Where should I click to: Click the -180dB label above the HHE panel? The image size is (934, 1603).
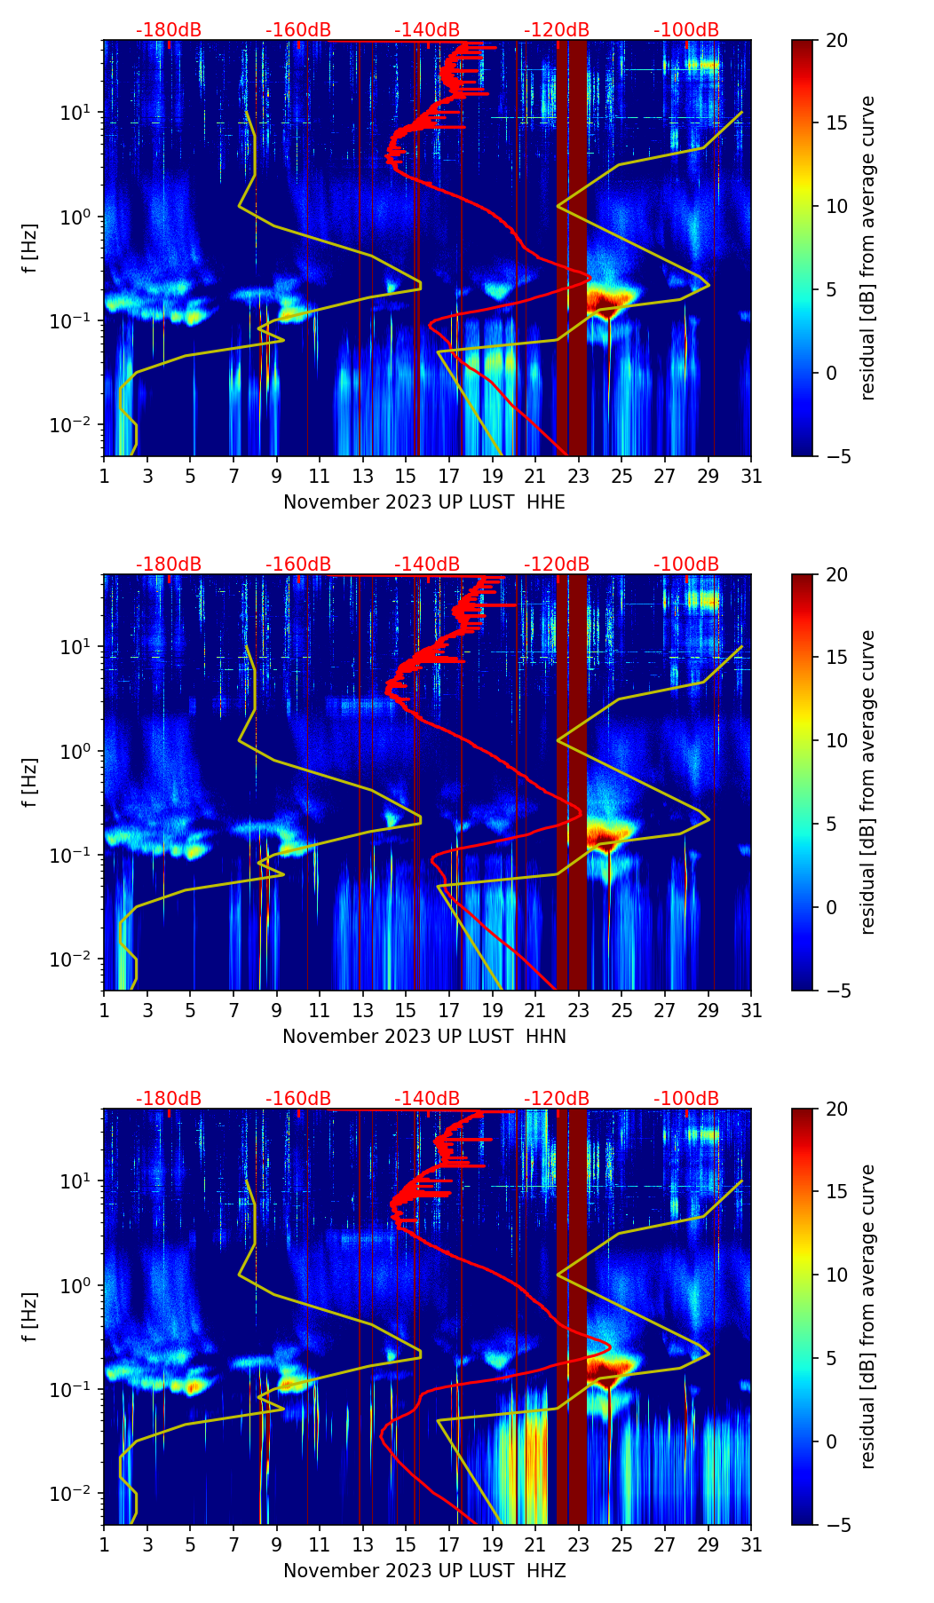tap(169, 30)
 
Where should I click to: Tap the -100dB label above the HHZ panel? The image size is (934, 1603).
tap(686, 1099)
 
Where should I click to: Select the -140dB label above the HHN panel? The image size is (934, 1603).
tap(427, 565)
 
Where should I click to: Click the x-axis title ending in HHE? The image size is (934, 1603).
tap(423, 502)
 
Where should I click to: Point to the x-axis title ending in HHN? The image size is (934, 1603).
tap(423, 1037)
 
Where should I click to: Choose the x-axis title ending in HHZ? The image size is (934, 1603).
tap(423, 1571)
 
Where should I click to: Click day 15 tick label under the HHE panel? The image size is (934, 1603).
tap(406, 477)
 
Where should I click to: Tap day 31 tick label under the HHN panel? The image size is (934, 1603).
tap(751, 1011)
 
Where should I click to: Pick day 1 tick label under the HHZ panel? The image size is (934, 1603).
tap(104, 1545)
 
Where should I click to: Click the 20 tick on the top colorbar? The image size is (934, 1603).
tap(837, 41)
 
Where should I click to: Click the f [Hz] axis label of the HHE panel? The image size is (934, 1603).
tap(30, 249)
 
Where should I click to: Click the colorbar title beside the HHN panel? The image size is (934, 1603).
tap(867, 782)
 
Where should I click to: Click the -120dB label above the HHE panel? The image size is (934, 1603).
tap(557, 30)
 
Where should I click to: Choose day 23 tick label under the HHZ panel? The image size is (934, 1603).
tap(578, 1545)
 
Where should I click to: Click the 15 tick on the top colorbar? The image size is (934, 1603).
tap(837, 123)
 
